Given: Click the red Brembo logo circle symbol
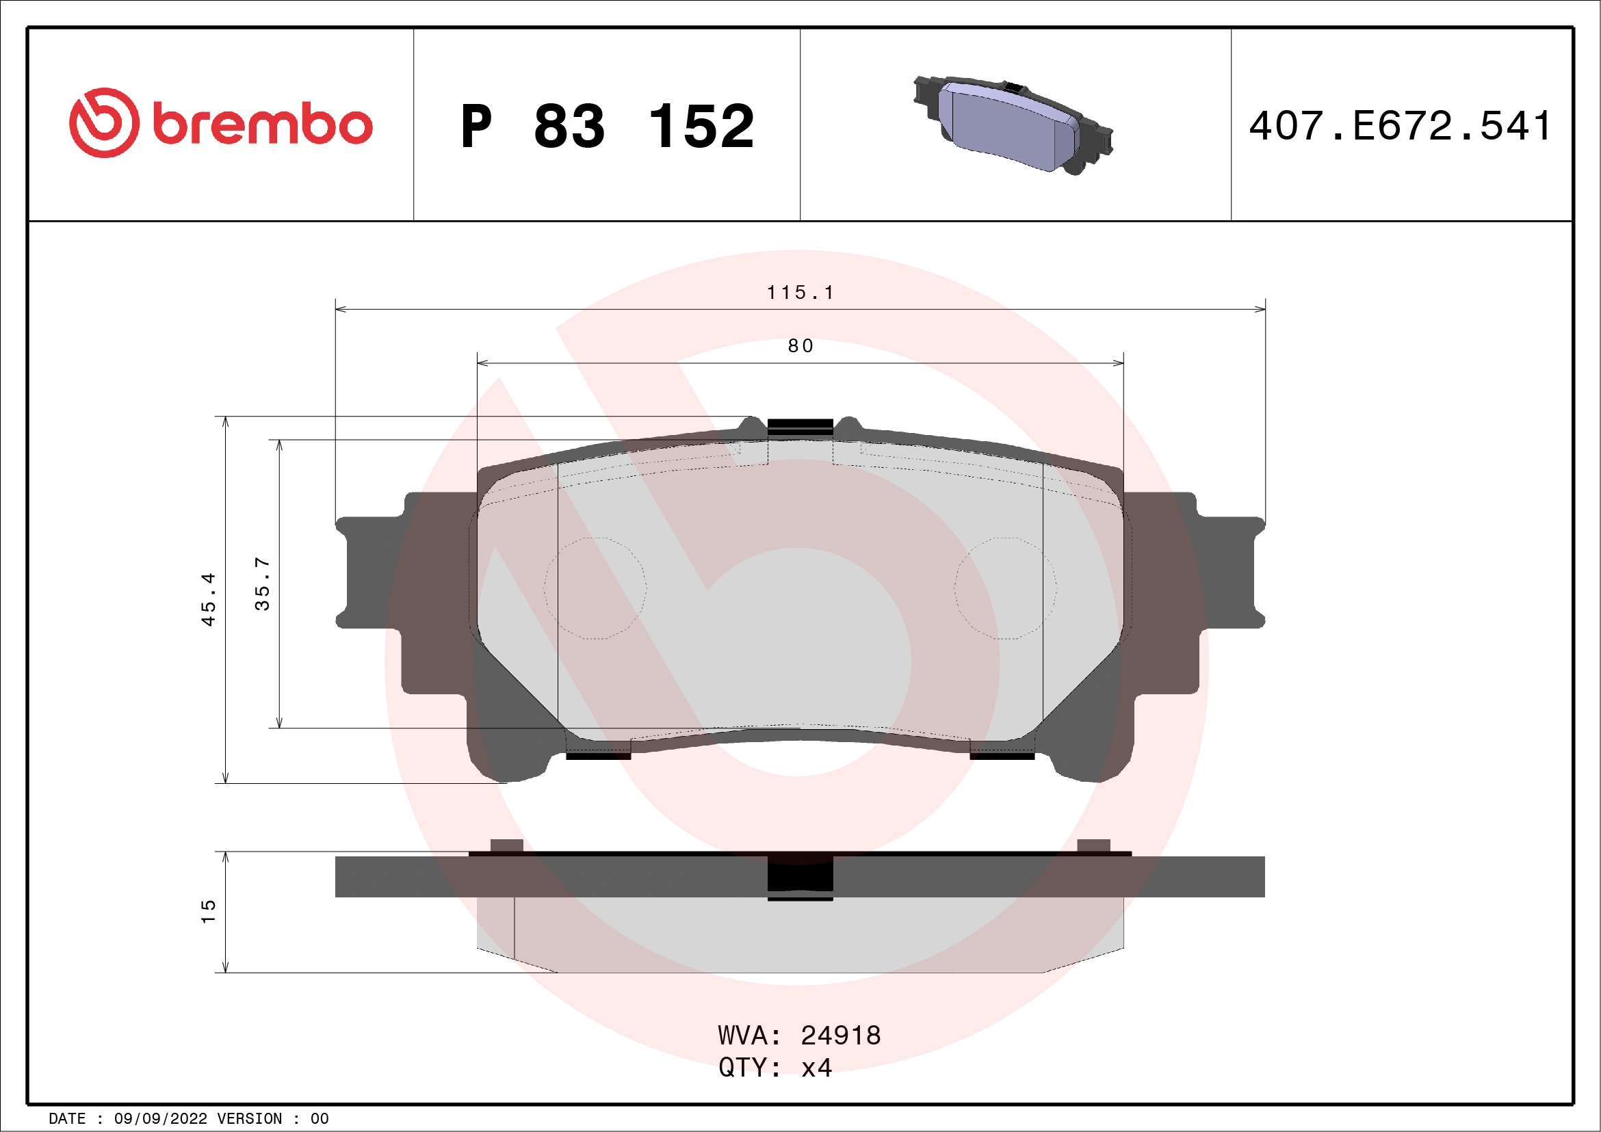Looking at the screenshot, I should (x=104, y=122).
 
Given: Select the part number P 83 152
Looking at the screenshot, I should (x=607, y=126).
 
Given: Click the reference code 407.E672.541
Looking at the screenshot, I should (x=1400, y=126).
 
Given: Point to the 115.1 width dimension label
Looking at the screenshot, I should (x=800, y=293).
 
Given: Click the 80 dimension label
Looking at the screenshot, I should (x=800, y=346).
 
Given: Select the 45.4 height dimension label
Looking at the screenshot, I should (x=209, y=599).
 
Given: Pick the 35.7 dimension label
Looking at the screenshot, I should (x=262, y=584).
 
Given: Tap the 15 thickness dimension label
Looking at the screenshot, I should (x=209, y=912).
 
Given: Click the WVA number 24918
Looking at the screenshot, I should (x=840, y=1036).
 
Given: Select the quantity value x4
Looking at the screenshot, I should (x=816, y=1068).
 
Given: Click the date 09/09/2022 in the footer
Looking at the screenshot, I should (x=160, y=1119).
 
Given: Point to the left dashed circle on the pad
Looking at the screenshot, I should (x=595, y=588).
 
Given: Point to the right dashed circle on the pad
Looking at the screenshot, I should (x=1006, y=588).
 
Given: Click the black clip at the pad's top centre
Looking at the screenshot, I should (x=800, y=427).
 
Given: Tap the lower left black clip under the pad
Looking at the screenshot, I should (x=597, y=756).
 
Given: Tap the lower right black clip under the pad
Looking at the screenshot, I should (x=1002, y=756).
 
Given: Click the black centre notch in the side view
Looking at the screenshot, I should (x=800, y=876).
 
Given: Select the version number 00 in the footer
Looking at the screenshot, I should (x=320, y=1119).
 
